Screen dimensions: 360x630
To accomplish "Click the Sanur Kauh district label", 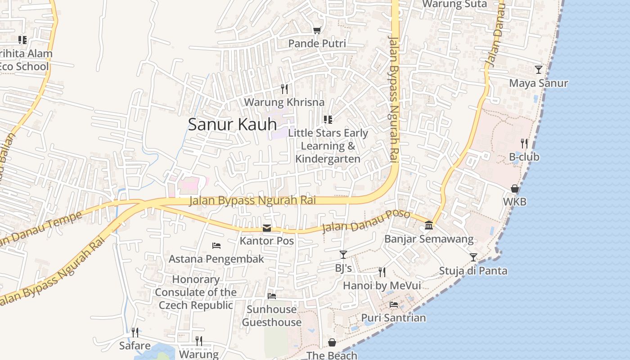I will click(232, 124).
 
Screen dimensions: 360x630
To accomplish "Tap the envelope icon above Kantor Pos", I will click(267, 228).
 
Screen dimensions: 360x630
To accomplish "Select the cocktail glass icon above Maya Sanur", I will click(538, 70).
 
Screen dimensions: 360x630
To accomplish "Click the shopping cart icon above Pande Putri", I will click(317, 31).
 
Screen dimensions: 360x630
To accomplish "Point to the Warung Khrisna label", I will click(284, 102).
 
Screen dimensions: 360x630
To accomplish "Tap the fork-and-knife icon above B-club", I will click(524, 144).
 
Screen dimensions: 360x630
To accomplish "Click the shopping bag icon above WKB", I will click(514, 189).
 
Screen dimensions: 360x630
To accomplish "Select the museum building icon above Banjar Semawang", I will click(429, 225).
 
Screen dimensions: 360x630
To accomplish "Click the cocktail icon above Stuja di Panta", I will click(473, 257).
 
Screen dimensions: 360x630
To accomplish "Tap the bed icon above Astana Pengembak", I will click(216, 246).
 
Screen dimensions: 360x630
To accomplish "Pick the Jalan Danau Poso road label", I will click(366, 221).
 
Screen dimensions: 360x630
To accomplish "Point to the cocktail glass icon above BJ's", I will click(343, 255).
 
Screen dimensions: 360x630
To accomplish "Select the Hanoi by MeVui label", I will click(382, 286).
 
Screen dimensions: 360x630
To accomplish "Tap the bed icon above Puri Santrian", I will click(394, 305).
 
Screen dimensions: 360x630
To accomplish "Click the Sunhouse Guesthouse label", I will click(272, 316).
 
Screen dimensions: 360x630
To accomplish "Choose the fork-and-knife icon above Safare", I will click(135, 333).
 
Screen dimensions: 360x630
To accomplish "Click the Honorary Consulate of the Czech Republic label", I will click(196, 292).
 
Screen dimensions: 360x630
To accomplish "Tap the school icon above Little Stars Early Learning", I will click(328, 120).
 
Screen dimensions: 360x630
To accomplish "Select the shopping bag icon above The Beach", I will click(332, 342).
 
